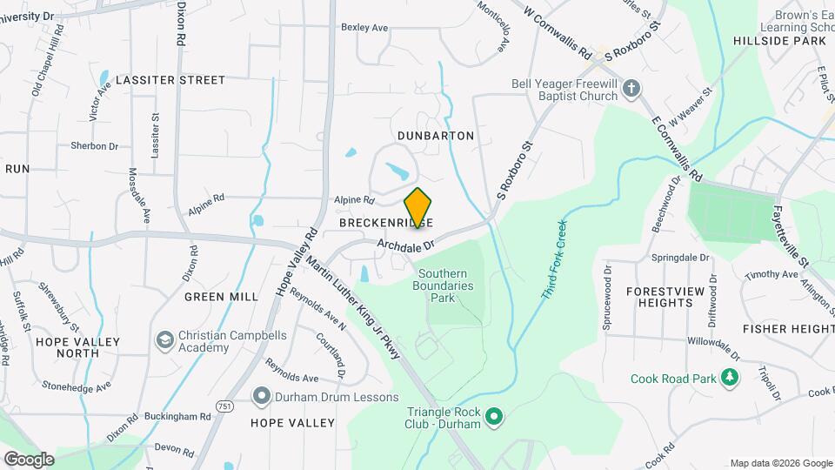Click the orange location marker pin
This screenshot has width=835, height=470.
click(x=418, y=208)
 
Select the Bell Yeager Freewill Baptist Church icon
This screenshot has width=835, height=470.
click(x=632, y=88)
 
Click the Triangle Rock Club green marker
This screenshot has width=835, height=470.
click(x=495, y=419)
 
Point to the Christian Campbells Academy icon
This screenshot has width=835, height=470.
click(x=164, y=339)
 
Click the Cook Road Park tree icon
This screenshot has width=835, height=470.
click(x=731, y=378)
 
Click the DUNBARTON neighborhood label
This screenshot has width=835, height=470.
click(x=436, y=136)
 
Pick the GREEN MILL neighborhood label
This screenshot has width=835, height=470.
click(x=221, y=297)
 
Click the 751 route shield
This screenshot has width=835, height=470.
click(x=224, y=406)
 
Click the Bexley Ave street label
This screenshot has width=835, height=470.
click(x=364, y=28)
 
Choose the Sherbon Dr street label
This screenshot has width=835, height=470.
click(x=94, y=146)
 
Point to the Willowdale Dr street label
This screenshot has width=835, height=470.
click(x=713, y=346)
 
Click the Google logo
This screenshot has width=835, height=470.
click(x=29, y=459)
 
